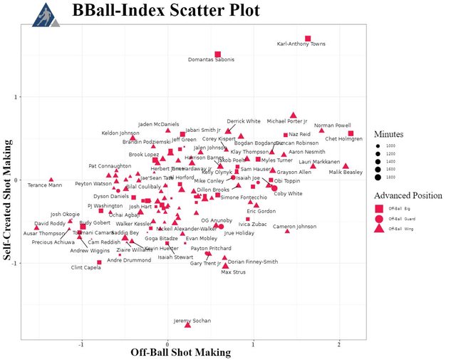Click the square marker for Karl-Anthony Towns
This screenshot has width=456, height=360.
(308, 38)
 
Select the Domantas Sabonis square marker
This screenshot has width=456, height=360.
(218, 54)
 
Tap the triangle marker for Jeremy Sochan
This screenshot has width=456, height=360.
(188, 324)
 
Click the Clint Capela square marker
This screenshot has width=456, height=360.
(100, 262)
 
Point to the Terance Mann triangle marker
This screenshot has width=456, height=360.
(51, 180)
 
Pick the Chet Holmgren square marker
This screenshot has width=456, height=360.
(351, 133)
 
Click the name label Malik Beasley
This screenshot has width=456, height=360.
(346, 172)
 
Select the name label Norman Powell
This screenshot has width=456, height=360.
(333, 125)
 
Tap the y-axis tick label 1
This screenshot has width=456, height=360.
(15, 97)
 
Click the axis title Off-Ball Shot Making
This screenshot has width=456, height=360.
(180, 352)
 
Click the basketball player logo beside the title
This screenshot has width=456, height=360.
(45, 14)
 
